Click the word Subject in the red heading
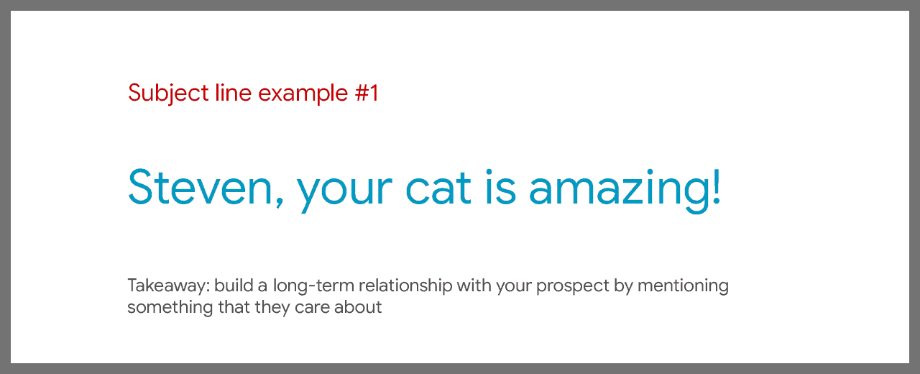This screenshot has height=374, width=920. (x=168, y=93)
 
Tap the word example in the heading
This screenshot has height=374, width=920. (x=303, y=93)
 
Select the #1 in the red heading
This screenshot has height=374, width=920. (x=367, y=93)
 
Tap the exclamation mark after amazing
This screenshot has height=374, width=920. (x=717, y=186)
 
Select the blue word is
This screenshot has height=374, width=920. (x=500, y=187)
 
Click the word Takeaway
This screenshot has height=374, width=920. (x=169, y=286)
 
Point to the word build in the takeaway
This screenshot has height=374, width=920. (x=234, y=286)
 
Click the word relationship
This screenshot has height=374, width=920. (x=405, y=286)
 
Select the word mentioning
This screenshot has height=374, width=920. (x=683, y=286)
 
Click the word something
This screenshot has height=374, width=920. (x=170, y=308)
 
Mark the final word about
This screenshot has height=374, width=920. (x=358, y=307)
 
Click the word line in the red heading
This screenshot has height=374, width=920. (x=234, y=93)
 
